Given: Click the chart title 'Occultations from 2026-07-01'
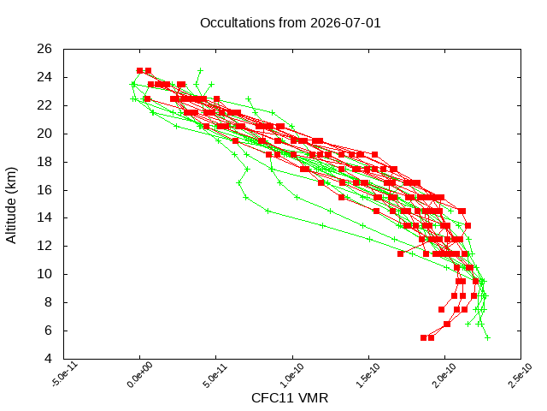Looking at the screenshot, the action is [291, 23].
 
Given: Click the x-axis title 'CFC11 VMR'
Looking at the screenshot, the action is [290, 398].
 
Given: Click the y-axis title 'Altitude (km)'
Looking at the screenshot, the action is [11, 205].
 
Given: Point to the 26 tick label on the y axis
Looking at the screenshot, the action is [44, 49].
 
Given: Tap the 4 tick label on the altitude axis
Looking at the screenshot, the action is [48, 359].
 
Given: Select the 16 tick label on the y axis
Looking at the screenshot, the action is [44, 190].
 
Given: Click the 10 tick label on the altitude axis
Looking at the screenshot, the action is [44, 274].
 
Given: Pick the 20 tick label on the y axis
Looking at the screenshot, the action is [44, 134].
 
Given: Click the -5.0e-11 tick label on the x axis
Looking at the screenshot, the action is [65, 375].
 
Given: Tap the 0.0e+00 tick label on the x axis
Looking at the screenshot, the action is [140, 375].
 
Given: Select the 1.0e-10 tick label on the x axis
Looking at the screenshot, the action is [292, 375].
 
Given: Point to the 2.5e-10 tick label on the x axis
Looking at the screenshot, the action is [521, 375].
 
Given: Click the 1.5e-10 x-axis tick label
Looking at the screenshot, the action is [368, 375].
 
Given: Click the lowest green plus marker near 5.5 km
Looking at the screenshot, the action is [488, 338].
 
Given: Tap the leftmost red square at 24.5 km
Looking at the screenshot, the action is [140, 70].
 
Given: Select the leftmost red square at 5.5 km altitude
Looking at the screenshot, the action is [424, 338].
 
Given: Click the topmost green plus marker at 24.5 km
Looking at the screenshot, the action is [200, 70].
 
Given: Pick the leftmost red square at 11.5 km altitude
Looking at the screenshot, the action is [401, 253].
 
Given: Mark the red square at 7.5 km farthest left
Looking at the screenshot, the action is [442, 310].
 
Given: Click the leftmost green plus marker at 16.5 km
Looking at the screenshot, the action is [239, 182].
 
